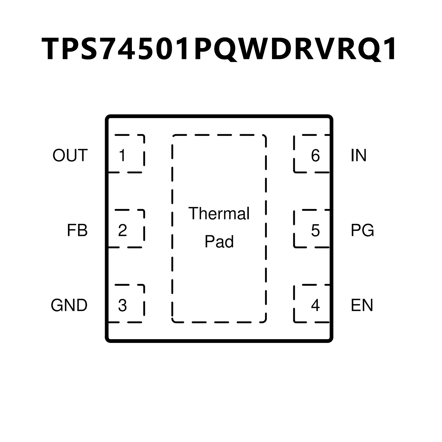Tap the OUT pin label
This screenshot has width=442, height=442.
[x=70, y=155]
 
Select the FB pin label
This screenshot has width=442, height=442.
[x=77, y=230]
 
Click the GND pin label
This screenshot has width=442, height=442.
[x=69, y=305]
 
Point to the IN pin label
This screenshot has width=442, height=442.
[x=358, y=155]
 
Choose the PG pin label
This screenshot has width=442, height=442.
[x=362, y=230]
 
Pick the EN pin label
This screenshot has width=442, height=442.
[x=362, y=305]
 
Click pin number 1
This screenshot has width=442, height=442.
[x=122, y=155]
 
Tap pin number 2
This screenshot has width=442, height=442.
[x=122, y=230]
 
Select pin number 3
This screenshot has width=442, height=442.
[x=122, y=305]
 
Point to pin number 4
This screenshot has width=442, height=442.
[x=315, y=305]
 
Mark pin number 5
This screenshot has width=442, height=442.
[x=315, y=230]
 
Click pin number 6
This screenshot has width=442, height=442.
[x=315, y=155]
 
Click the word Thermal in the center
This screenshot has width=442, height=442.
[x=219, y=213]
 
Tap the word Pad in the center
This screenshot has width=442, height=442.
[x=219, y=242]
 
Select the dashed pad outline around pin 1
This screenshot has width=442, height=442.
[x=144, y=155]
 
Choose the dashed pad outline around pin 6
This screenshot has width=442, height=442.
[x=294, y=155]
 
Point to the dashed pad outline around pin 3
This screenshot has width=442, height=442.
[x=144, y=305]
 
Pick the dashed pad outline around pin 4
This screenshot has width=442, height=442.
[x=294, y=305]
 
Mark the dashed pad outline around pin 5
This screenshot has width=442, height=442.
[x=294, y=230]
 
